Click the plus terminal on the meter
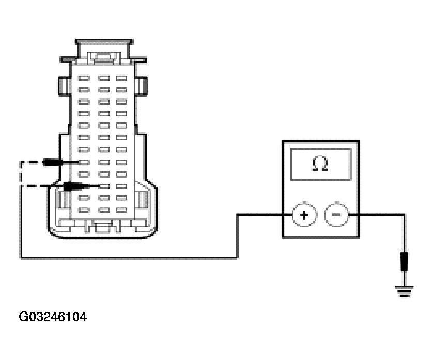click(x=304, y=215)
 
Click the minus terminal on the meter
click(x=336, y=215)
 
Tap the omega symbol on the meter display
click(x=320, y=164)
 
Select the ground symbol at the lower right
click(x=405, y=292)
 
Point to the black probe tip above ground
click(x=405, y=260)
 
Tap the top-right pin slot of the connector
click(x=121, y=79)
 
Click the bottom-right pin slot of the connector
click(x=121, y=210)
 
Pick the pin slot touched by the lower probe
click(x=103, y=186)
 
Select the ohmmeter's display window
click(x=320, y=164)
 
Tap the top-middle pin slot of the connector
click(x=103, y=79)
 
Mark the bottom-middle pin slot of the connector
click(x=103, y=210)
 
